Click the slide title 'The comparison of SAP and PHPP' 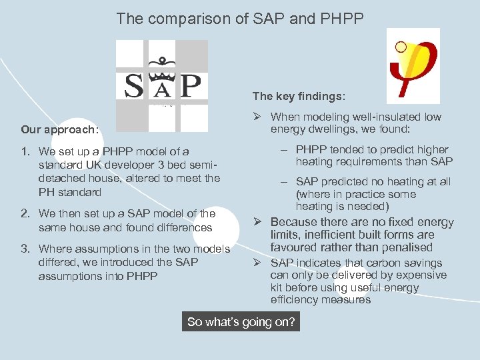pyautogui.click(x=240, y=19)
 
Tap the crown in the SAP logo pyautogui.click(x=161, y=65)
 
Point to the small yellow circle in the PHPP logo pyautogui.click(x=400, y=47)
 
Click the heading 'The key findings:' pyautogui.click(x=299, y=97)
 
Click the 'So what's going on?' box pyautogui.click(x=241, y=322)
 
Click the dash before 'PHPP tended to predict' pyautogui.click(x=284, y=150)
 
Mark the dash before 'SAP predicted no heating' pyautogui.click(x=284, y=182)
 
